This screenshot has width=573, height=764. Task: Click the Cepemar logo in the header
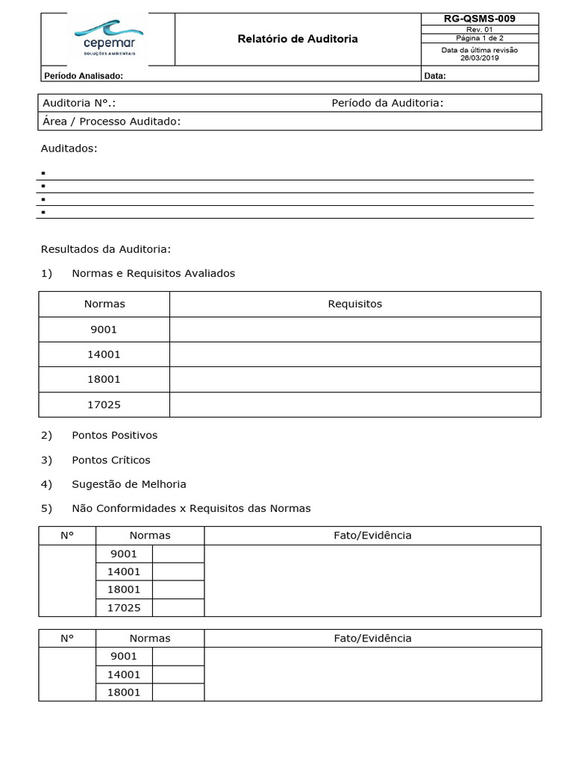[109, 37]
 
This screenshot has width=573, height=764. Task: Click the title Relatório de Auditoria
[297, 39]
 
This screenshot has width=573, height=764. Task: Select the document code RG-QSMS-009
[479, 19]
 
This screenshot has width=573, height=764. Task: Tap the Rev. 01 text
[479, 30]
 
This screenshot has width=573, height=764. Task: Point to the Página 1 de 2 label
[479, 38]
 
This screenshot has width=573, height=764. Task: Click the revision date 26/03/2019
[479, 57]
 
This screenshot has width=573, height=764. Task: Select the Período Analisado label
[84, 75]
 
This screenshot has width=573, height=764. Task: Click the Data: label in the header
[435, 75]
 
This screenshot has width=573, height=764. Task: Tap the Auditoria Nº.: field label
[79, 103]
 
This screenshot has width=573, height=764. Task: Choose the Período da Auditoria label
[387, 103]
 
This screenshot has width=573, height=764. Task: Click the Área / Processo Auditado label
[112, 122]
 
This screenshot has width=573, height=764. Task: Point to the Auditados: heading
[69, 148]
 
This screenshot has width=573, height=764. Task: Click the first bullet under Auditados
[43, 173]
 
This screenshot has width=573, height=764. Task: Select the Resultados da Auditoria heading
[106, 249]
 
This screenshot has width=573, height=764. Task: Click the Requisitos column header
[354, 304]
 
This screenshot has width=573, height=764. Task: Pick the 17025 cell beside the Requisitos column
[104, 404]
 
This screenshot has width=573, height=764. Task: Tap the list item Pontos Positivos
[114, 435]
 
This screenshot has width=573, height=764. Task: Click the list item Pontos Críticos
[110, 460]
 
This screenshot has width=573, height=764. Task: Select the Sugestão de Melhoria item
[128, 484]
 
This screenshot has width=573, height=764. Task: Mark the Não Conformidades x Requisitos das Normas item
[191, 508]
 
